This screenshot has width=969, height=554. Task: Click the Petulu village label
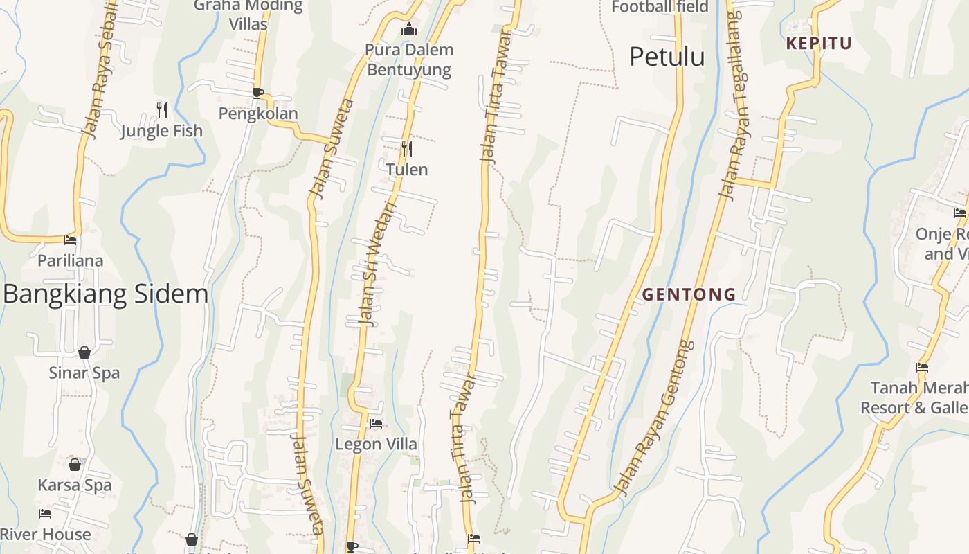(x=667, y=57)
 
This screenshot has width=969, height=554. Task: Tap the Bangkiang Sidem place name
(x=105, y=294)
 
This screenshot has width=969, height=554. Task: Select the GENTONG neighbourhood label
(x=689, y=294)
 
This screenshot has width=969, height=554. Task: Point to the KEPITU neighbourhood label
(x=819, y=44)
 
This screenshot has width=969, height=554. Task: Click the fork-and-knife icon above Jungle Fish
(x=162, y=109)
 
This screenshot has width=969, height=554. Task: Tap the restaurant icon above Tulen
(x=407, y=148)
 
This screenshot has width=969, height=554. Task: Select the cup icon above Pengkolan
(x=258, y=93)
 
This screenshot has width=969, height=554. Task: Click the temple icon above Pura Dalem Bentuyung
(x=409, y=29)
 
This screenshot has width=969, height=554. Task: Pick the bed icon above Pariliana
(x=70, y=240)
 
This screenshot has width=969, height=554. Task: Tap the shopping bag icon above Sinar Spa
(x=84, y=352)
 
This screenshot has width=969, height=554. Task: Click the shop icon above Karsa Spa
(x=75, y=464)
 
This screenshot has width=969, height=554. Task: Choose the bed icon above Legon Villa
(x=376, y=423)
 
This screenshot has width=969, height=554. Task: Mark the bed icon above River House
(x=45, y=514)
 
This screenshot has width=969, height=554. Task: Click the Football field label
(x=660, y=7)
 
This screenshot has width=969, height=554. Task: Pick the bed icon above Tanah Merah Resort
(x=922, y=368)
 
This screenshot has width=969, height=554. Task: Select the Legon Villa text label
(x=376, y=444)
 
